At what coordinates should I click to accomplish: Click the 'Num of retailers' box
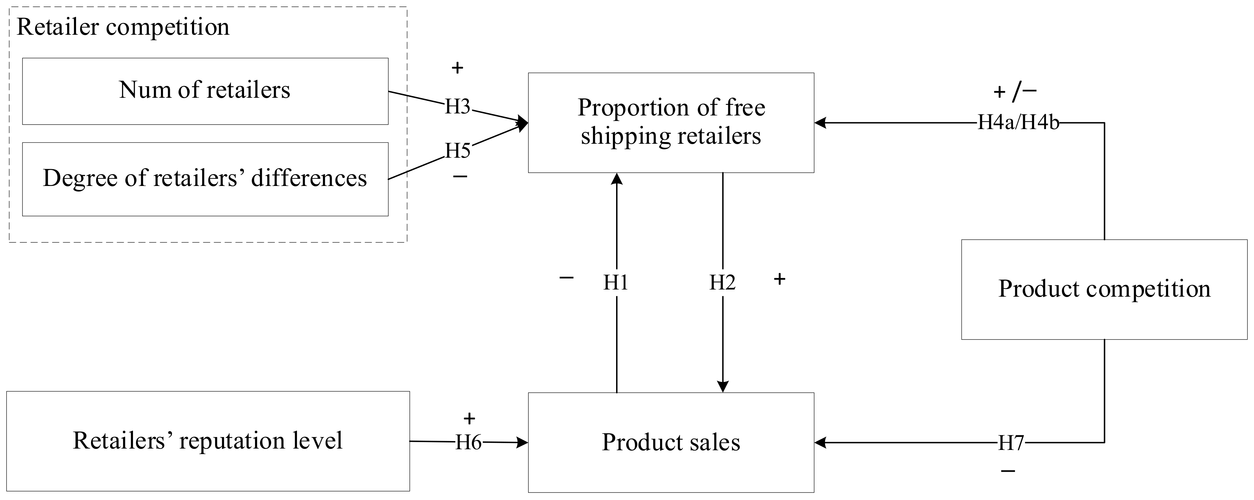(205, 91)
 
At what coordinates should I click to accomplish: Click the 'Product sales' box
(671, 442)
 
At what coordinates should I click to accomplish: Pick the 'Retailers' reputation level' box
(208, 441)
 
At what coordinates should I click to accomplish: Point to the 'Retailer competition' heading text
(123, 27)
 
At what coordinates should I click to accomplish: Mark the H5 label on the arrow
(458, 151)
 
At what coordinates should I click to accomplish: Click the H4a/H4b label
(1018, 123)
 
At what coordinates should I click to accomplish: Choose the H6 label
(468, 442)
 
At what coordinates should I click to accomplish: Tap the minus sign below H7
(1008, 471)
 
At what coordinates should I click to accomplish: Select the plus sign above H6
(469, 418)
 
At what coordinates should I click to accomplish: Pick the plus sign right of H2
(779, 279)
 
